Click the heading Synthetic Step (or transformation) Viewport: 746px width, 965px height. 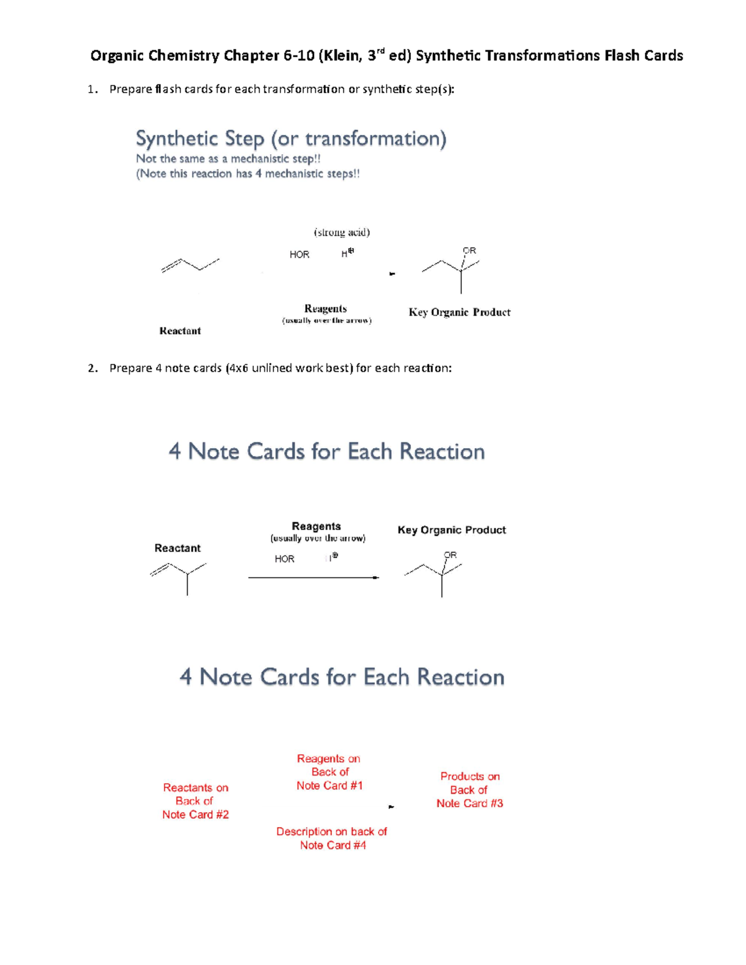point(291,139)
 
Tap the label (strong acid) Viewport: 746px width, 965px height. point(341,232)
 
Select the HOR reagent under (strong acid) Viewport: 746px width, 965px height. point(299,255)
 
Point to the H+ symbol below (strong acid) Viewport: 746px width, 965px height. point(348,253)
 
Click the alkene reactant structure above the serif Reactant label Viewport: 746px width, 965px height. point(190,265)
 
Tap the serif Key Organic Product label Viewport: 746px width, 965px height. point(459,312)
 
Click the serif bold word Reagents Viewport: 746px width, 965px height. point(325,308)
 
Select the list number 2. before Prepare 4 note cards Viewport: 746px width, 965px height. point(93,368)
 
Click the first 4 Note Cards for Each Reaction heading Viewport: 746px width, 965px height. point(326,451)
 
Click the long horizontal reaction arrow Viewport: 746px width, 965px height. point(313,578)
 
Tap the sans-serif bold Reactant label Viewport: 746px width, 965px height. point(177,548)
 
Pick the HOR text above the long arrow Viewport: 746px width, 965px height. point(284,559)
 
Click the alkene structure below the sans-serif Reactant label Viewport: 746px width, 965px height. point(180,575)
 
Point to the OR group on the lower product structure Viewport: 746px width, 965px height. point(450,555)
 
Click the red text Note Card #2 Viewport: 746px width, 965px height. point(195,815)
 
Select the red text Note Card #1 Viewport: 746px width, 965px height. point(329,785)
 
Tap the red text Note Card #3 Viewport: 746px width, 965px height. point(469,803)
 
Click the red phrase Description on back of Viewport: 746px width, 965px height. point(331,831)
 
